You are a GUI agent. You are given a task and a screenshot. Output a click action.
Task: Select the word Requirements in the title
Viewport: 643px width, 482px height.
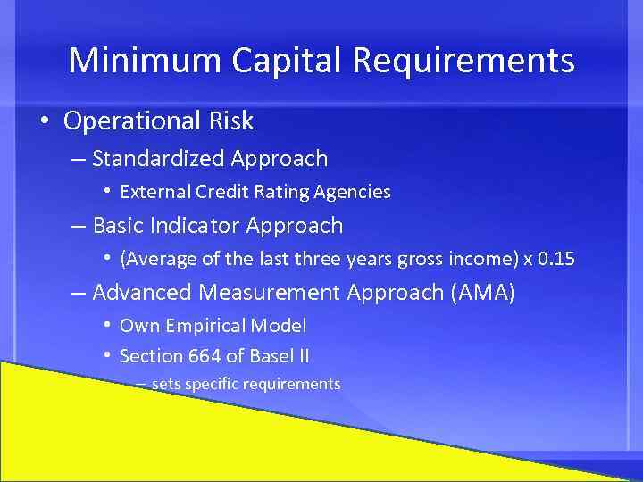[x=463, y=61]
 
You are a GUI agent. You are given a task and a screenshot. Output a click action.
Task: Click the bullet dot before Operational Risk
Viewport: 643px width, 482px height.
[x=43, y=121]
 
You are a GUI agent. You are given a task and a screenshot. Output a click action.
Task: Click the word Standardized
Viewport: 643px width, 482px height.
[x=158, y=159]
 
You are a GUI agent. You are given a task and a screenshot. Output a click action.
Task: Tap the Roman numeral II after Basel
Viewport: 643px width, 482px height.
[x=303, y=356]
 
